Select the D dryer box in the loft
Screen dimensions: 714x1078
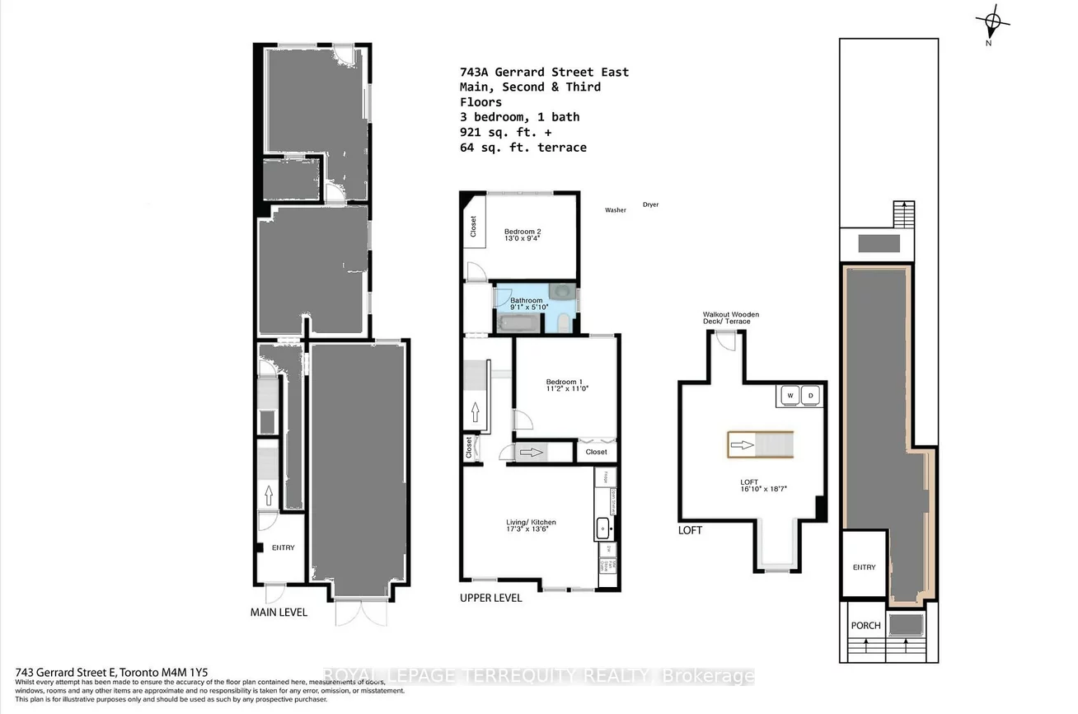point(809,395)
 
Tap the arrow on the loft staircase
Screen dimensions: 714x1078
point(742,445)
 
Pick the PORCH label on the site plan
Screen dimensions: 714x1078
point(865,625)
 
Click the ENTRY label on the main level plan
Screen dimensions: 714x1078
point(283,547)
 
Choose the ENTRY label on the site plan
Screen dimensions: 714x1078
point(864,567)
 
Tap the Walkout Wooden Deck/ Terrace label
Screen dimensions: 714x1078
point(730,318)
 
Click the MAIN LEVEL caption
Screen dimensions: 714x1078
point(279,613)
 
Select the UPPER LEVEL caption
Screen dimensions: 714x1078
point(490,598)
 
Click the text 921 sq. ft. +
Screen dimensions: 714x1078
point(500,132)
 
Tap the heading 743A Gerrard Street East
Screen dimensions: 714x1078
point(544,72)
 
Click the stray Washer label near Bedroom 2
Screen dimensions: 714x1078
point(615,210)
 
